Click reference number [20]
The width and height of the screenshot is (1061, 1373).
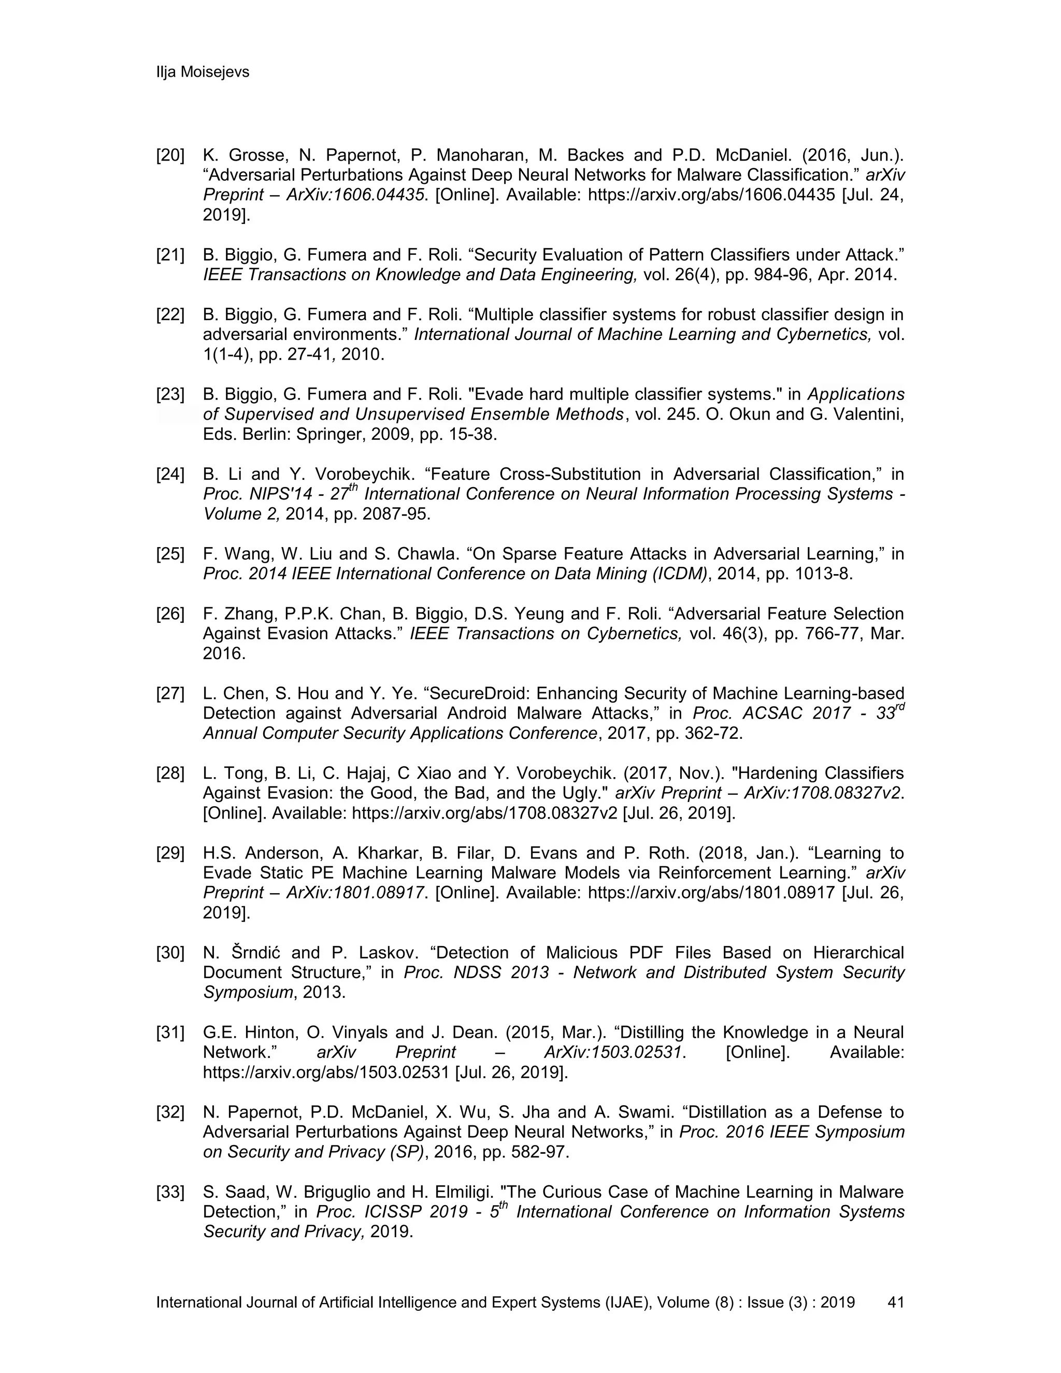point(170,155)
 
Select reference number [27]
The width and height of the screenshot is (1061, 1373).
point(170,693)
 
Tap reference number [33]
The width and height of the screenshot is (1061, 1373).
point(170,1192)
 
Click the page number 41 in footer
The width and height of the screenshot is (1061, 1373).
point(895,1302)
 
